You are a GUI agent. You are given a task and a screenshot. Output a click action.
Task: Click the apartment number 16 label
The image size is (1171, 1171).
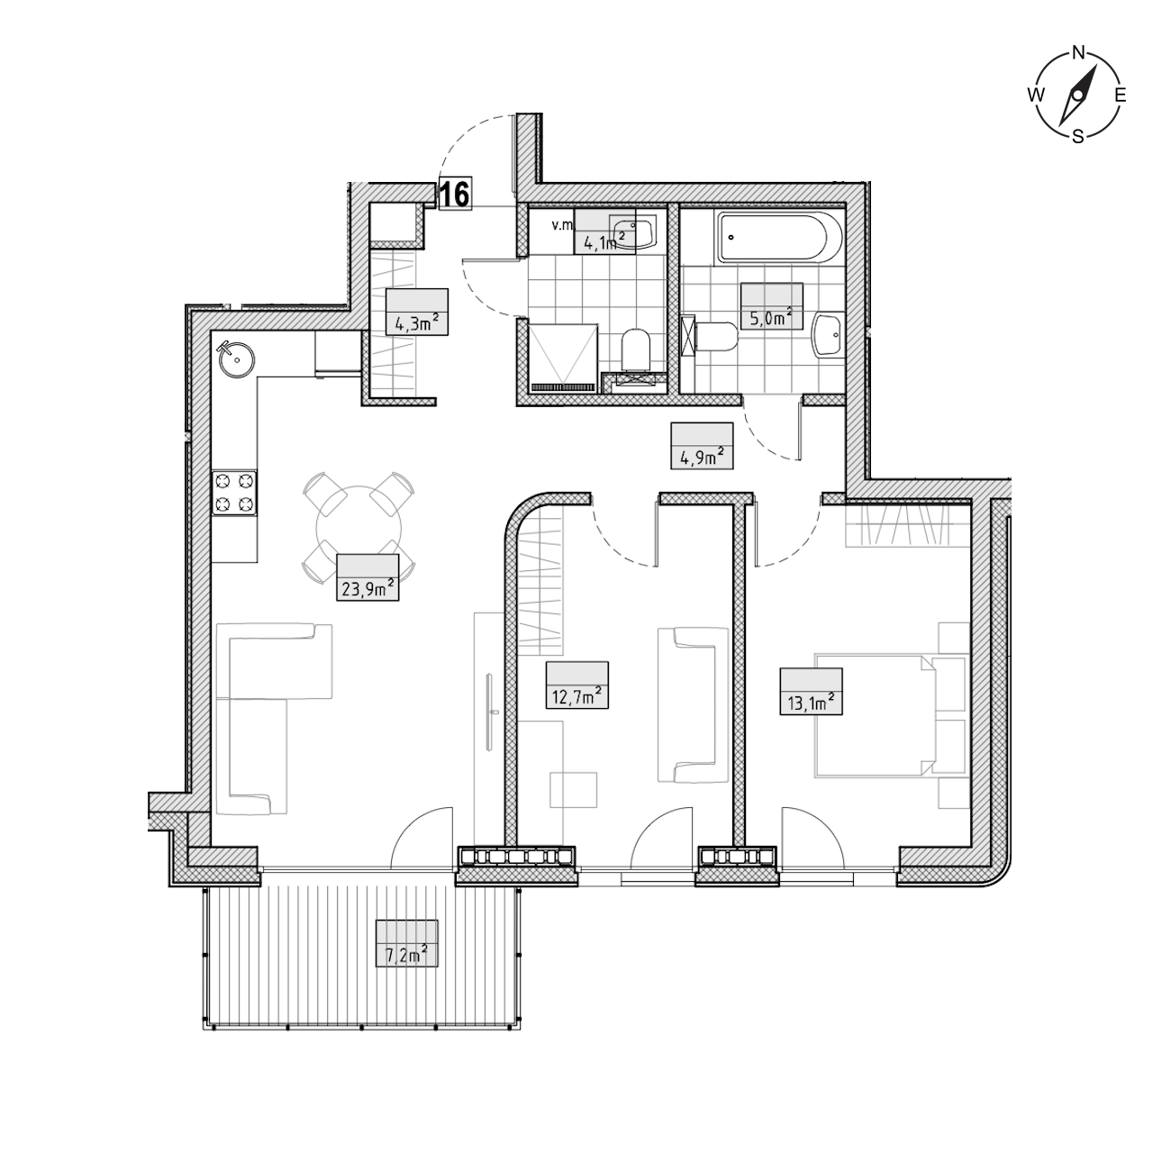[454, 195]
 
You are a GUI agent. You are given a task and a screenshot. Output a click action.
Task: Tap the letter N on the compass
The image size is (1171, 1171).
[1078, 53]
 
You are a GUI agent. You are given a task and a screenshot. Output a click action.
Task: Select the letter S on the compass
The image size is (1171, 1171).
[1077, 136]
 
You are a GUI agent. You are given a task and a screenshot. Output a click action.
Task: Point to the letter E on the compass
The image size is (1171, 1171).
[1121, 95]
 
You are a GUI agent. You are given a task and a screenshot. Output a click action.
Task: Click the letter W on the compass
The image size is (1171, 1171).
[1036, 95]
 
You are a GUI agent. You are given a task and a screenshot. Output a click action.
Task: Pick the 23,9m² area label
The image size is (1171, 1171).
[367, 588]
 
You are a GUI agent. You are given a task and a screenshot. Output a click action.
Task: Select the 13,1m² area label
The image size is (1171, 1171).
[811, 704]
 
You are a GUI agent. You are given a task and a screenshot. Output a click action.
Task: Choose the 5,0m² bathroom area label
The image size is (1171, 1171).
[772, 318]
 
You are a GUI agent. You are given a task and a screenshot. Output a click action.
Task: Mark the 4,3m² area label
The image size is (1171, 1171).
[417, 322]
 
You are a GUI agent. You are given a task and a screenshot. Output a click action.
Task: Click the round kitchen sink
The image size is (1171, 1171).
[237, 359]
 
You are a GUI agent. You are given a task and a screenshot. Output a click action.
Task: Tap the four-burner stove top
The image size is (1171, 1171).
[234, 493]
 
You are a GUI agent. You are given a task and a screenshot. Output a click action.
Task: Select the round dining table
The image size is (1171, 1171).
[359, 528]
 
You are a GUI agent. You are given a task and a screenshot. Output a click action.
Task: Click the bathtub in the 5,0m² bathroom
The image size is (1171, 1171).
[780, 237]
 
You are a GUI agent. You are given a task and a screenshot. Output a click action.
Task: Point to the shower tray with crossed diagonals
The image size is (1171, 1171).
[563, 358]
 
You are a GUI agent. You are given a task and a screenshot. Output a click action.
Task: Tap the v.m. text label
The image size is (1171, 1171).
[562, 225]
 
